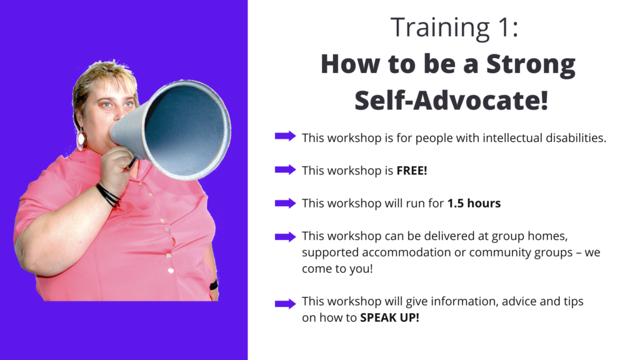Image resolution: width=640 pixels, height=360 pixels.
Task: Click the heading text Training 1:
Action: (454, 27)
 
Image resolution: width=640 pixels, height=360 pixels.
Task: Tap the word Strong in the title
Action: (531, 64)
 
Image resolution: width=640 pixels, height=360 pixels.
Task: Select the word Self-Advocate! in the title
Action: (451, 101)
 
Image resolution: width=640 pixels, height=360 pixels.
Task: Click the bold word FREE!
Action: (412, 171)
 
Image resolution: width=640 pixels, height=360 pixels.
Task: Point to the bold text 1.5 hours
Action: (474, 203)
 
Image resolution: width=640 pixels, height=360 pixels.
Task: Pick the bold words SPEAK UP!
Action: (389, 317)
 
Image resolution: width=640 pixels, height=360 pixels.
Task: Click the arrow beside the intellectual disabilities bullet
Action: (285, 136)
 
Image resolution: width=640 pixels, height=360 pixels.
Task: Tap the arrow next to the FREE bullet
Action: (285, 169)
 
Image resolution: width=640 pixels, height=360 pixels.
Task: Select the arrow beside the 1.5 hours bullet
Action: (285, 203)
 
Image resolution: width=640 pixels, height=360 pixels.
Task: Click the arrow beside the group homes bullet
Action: (285, 236)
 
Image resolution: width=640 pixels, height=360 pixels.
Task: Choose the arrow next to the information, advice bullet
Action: (285, 303)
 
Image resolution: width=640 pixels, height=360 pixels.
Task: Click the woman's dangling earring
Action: (82, 139)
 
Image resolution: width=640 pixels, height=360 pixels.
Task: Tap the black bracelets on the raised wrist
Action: (108, 195)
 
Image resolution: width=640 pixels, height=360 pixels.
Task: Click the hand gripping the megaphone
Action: (117, 168)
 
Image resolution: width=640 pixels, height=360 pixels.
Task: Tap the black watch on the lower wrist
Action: (214, 284)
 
